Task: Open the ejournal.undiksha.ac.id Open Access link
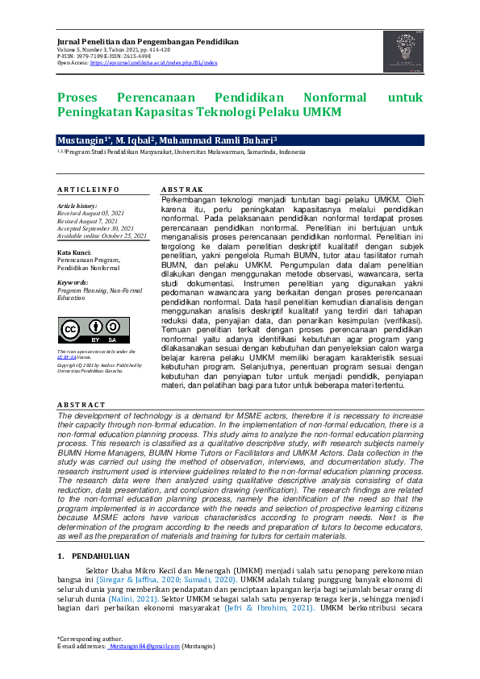(x=153, y=62)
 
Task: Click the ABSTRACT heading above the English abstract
(x=81, y=404)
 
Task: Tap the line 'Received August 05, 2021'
(x=91, y=213)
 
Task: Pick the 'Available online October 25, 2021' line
(x=102, y=235)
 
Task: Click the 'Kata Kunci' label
(x=74, y=252)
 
